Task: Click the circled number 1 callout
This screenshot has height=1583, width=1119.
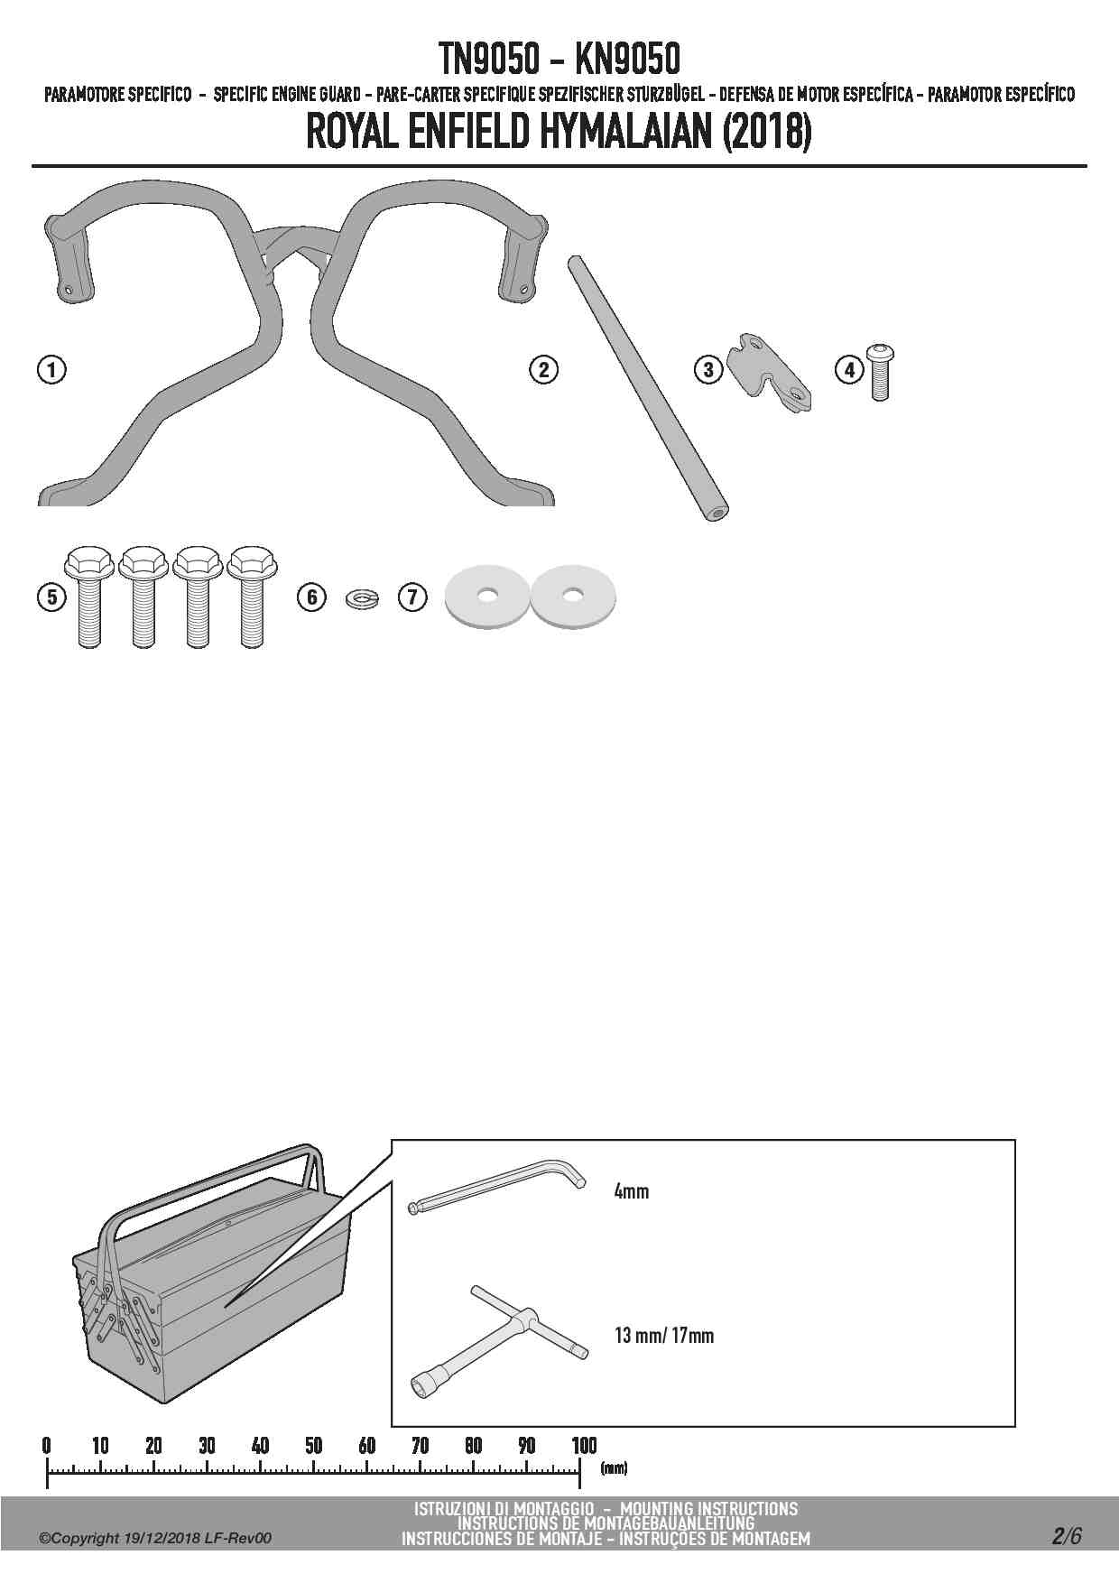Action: [52, 369]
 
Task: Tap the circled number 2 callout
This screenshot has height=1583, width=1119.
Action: [543, 369]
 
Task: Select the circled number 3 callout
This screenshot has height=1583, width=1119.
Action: [708, 369]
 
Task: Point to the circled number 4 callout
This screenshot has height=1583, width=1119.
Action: [848, 369]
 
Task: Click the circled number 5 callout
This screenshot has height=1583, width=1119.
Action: [52, 597]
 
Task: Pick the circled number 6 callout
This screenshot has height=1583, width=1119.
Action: [312, 597]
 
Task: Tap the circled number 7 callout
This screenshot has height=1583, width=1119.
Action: [412, 597]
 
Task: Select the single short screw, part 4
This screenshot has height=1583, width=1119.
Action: [880, 372]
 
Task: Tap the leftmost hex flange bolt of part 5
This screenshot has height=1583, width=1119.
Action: [88, 597]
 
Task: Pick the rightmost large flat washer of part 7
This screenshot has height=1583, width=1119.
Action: [571, 596]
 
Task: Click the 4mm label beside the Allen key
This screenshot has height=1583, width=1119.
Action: [632, 1191]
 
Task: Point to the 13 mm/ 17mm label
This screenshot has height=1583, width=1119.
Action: [664, 1335]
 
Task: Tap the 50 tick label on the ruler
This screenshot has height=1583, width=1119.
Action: [313, 1445]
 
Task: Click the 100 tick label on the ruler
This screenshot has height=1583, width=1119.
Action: [584, 1445]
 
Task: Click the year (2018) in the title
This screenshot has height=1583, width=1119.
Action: [767, 132]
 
